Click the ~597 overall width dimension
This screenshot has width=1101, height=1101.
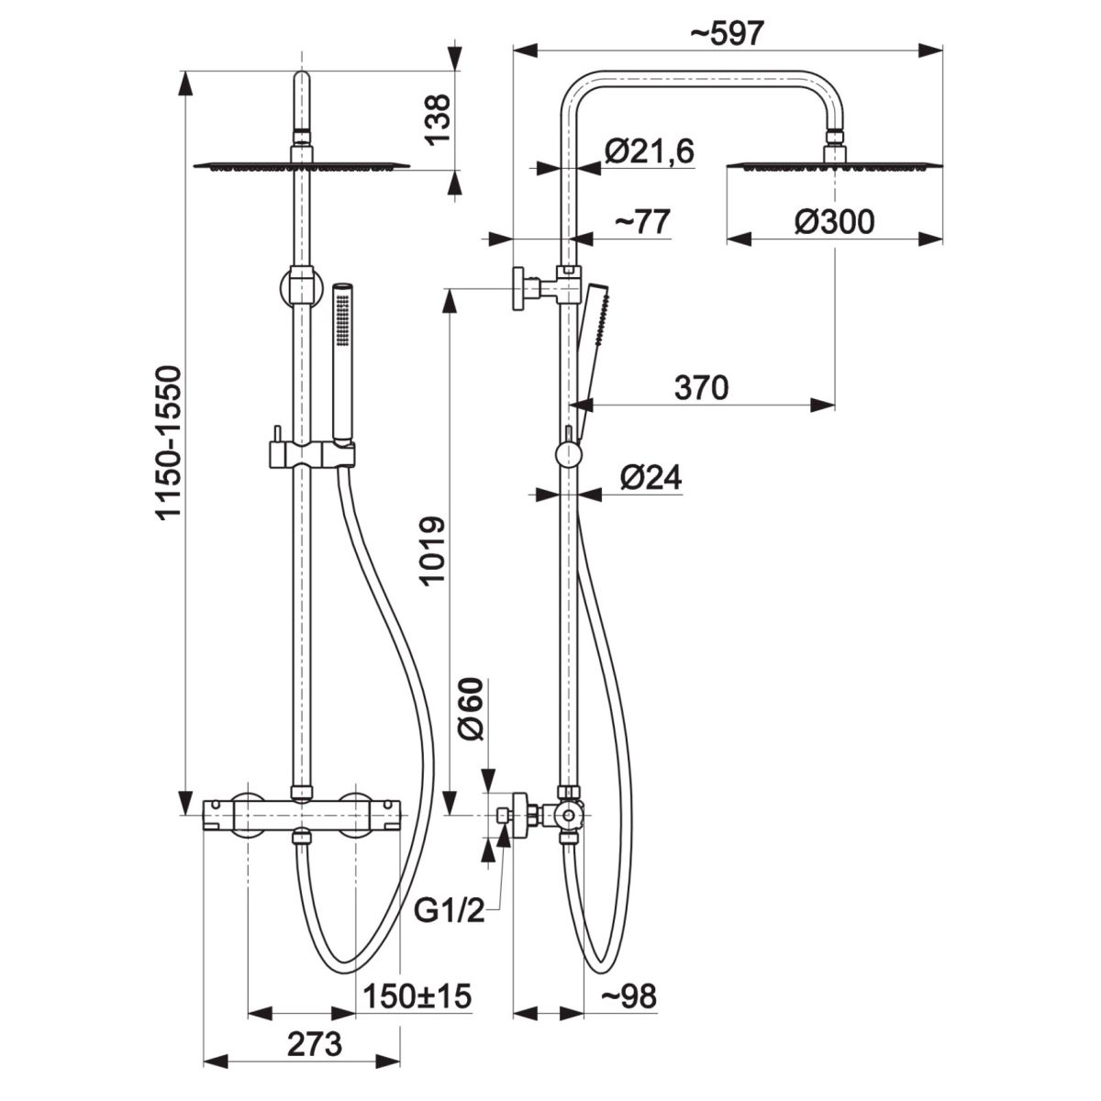point(727,34)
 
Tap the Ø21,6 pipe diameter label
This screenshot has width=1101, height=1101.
point(649,151)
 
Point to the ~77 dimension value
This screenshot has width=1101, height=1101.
point(641,222)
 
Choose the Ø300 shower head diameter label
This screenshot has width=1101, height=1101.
point(834,222)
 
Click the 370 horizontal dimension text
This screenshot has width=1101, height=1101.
point(702,388)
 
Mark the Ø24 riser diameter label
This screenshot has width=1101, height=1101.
point(651,477)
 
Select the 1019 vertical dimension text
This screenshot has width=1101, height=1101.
point(432,550)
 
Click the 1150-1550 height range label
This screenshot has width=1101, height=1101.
point(170,443)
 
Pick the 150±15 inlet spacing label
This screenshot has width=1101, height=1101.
point(417,995)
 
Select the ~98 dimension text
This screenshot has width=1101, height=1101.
point(628,995)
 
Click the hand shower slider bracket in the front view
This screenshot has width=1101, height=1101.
point(311,455)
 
